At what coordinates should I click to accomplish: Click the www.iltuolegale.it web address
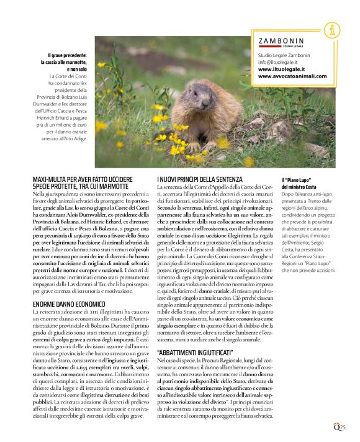pyautogui.click(x=281, y=70)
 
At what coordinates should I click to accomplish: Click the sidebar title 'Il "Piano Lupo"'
pyautogui.click(x=298, y=179)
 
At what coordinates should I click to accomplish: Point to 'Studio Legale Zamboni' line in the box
pyautogui.click(x=284, y=55)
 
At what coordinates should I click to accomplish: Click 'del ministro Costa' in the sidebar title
pyautogui.click(x=299, y=187)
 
